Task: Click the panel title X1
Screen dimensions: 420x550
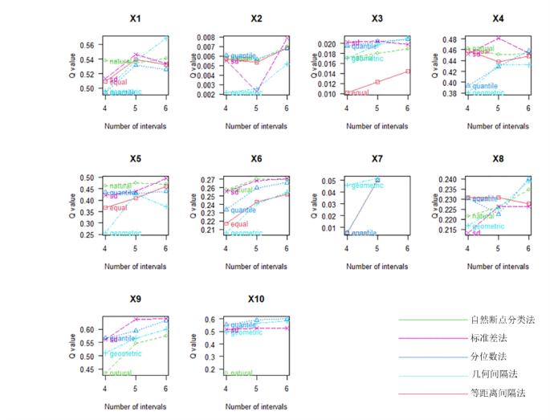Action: coord(135,18)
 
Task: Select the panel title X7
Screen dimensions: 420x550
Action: coord(377,158)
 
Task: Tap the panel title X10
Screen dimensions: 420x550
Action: coord(256,299)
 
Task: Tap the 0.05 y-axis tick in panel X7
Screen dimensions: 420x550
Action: coord(330,181)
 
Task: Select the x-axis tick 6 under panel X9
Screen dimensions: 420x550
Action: coord(165,388)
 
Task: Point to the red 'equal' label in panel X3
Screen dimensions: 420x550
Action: coord(360,92)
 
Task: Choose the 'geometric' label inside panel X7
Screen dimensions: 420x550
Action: coord(366,186)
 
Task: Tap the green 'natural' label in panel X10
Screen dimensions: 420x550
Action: coord(239,373)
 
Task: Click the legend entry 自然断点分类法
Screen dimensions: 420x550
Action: coord(502,320)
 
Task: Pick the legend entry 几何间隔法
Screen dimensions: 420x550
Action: coord(494,374)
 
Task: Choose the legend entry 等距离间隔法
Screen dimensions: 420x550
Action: coord(498,393)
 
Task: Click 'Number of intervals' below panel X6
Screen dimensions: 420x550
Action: coord(256,265)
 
